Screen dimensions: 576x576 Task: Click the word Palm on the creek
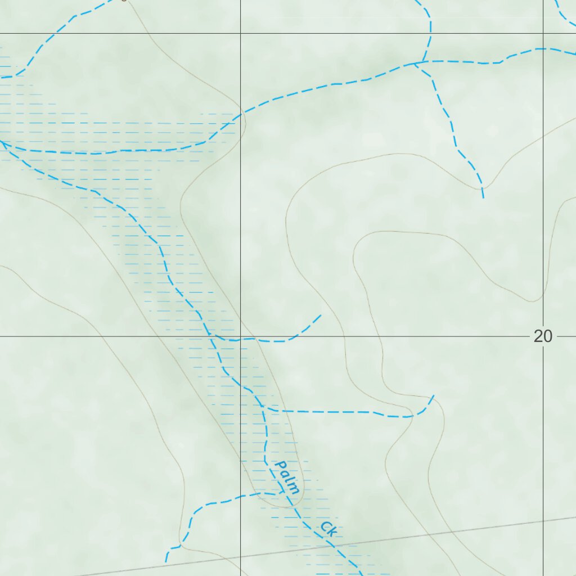pos(287,478)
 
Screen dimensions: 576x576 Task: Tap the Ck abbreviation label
pos(328,528)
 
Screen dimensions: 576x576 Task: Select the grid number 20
pos(543,336)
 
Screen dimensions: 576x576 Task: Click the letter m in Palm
pos(294,488)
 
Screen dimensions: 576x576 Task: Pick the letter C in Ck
pos(326,525)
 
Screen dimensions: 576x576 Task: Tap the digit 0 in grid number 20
pos(547,336)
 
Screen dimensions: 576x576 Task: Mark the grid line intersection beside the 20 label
pos(543,336)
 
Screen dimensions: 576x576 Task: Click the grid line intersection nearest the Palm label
pos(241,336)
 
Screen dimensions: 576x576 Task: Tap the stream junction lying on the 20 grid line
pos(213,336)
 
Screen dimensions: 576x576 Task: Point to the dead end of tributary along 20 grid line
pos(321,316)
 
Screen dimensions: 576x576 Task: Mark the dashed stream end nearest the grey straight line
pos(166,561)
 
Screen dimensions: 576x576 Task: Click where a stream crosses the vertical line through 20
pos(543,49)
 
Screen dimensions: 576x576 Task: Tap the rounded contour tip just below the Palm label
pos(292,505)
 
